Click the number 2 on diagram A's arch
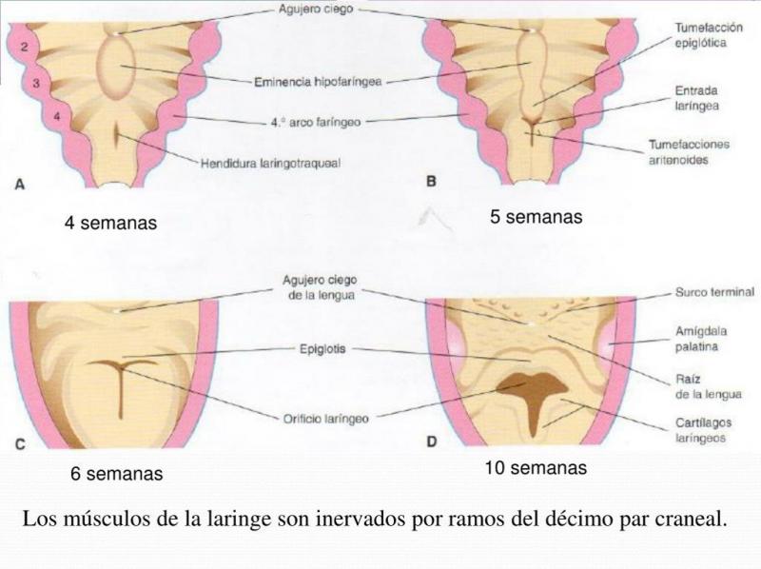point(25,47)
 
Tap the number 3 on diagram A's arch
point(36,83)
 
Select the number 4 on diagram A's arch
point(57,116)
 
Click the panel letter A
point(20,184)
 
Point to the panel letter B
point(431,182)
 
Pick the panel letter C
point(20,444)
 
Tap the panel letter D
point(432,441)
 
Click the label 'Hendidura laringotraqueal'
point(270,163)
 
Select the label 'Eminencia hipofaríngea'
point(318,82)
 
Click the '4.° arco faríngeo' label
point(316,122)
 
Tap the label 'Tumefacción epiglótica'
point(709,35)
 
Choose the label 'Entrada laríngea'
point(696,98)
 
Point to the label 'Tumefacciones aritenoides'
point(689,152)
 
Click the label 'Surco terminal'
point(715,292)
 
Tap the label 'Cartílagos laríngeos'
point(703,430)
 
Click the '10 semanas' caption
point(536,467)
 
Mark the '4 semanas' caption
point(111,223)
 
